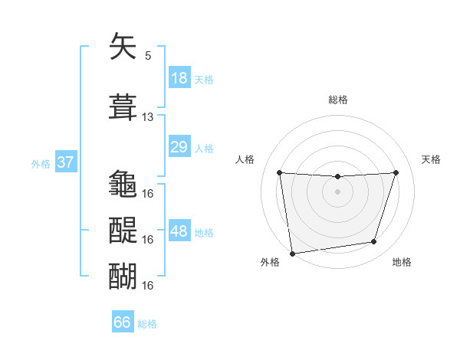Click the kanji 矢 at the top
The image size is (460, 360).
pyautogui.click(x=123, y=48)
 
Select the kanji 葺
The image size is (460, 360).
pyautogui.click(x=123, y=107)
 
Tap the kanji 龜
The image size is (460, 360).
pyautogui.click(x=123, y=184)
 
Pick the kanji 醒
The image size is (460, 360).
pyautogui.click(x=123, y=230)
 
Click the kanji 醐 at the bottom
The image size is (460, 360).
pyautogui.click(x=123, y=276)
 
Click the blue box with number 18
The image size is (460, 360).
pyautogui.click(x=179, y=78)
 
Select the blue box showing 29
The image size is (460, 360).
pyautogui.click(x=179, y=147)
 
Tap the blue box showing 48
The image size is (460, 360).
pyautogui.click(x=179, y=231)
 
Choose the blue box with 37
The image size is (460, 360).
pyautogui.click(x=65, y=162)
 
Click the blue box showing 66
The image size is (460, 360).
pyautogui.click(x=123, y=322)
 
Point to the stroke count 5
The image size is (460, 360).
pyautogui.click(x=148, y=55)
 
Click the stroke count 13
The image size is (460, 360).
pyautogui.click(x=148, y=117)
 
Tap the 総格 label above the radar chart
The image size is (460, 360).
pyautogui.click(x=338, y=100)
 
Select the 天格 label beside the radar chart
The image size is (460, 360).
pyautogui.click(x=431, y=159)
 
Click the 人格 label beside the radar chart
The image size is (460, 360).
pyautogui.click(x=245, y=159)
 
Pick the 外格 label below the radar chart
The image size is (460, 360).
pyautogui.click(x=270, y=262)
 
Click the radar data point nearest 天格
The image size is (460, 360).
pyautogui.click(x=396, y=172)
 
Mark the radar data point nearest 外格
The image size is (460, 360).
pyautogui.click(x=292, y=253)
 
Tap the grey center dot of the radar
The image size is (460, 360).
pyautogui.click(x=337, y=191)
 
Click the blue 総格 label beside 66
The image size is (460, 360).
pyautogui.click(x=147, y=324)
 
